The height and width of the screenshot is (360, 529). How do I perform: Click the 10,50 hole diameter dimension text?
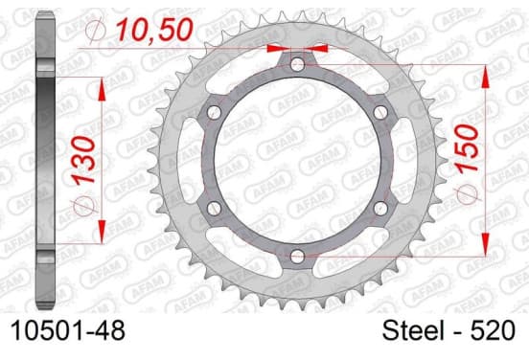click(154, 30)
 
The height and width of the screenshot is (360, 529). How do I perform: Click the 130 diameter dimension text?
click(84, 161)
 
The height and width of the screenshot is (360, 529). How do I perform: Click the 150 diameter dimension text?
click(468, 148)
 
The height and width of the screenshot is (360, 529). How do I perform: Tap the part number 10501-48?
click(68, 330)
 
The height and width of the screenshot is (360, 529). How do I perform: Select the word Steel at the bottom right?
click(413, 330)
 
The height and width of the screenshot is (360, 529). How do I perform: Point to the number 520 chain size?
click(494, 330)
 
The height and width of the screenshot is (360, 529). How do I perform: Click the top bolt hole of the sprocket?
click(297, 64)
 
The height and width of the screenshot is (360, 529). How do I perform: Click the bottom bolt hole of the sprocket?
click(297, 257)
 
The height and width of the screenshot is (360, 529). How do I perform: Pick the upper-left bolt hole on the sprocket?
click(214, 112)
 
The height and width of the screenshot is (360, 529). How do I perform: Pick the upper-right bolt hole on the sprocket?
click(380, 112)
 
